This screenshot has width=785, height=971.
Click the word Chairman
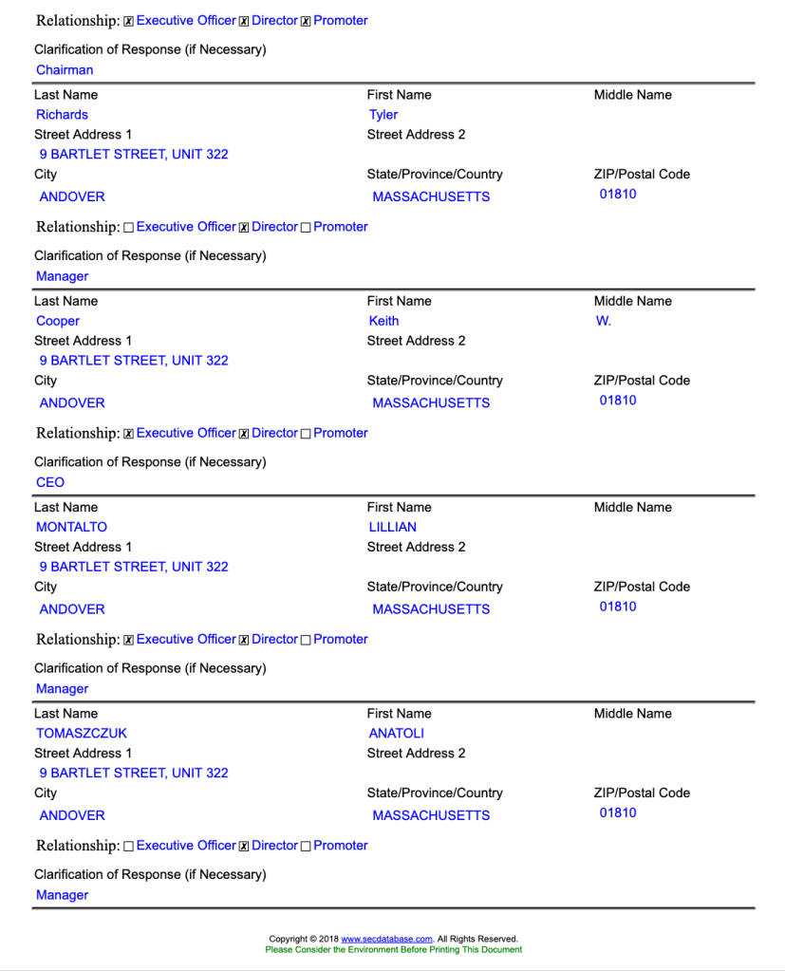pos(65,70)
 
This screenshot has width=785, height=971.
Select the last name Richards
pos(62,115)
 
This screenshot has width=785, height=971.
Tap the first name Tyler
pos(383,115)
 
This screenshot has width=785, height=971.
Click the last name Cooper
pos(58,321)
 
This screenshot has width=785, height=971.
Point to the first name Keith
pos(384,321)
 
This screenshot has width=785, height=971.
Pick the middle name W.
pos(604,321)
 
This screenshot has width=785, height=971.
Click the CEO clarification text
pos(50,482)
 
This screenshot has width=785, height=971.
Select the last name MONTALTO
pos(72,527)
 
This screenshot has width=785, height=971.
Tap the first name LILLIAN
pos(393,527)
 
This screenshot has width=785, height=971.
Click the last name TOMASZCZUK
pos(82,733)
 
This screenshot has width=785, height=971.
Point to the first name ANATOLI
pos(397,733)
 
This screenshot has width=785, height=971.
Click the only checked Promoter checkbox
pos(306,21)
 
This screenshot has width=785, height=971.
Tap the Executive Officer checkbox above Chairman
pos(129,21)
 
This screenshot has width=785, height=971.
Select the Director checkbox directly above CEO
pos(244,434)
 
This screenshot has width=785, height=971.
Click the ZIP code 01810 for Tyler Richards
pos(618,195)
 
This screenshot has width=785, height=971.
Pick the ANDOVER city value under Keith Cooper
pos(72,402)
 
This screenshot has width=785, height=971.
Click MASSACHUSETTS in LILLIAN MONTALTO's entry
pos(431,609)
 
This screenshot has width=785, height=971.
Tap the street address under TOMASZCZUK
pos(134,773)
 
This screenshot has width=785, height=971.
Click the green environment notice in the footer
pos(393,949)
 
